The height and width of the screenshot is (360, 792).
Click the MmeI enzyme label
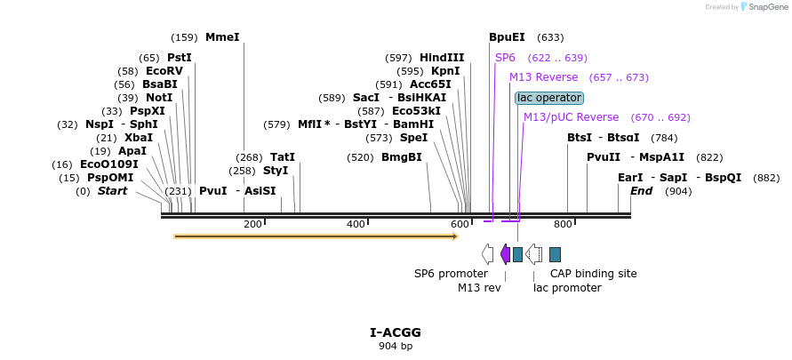tap(222, 37)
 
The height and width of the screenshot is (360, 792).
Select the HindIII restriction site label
tap(442, 58)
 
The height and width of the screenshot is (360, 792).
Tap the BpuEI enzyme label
tap(507, 37)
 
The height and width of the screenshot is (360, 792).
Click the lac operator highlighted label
tap(549, 98)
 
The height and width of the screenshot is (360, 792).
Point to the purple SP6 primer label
tap(505, 58)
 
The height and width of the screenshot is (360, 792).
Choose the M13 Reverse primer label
tap(543, 77)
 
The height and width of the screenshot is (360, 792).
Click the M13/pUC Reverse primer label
tap(571, 117)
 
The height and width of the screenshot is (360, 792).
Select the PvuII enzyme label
tap(604, 157)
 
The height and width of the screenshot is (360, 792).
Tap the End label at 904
tap(641, 191)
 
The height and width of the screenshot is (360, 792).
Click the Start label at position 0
tap(112, 191)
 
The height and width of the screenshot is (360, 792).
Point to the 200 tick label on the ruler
tap(252, 224)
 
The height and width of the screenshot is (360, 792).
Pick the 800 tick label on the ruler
tap(563, 224)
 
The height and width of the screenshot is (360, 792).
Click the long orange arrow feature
tap(316, 236)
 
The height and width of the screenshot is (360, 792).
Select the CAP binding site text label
tap(593, 274)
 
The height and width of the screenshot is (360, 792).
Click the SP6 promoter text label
tap(451, 274)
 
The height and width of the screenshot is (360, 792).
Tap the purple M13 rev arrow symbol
tap(505, 254)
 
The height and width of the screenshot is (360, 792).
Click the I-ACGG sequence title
tap(396, 332)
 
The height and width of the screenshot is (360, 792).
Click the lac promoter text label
tap(567, 288)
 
